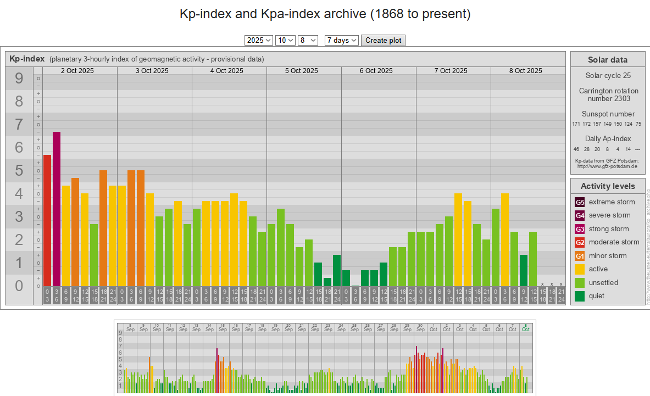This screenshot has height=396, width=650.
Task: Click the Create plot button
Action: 383,40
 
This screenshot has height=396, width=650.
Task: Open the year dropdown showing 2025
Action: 259,40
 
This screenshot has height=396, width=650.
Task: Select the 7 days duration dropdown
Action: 341,40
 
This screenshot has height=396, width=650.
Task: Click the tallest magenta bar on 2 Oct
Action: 57,209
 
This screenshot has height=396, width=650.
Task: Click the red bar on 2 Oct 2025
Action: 47,220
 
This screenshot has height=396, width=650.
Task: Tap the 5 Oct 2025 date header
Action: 302,70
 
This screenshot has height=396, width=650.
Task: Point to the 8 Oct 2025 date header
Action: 526,70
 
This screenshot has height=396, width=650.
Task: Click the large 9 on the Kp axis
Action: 19,79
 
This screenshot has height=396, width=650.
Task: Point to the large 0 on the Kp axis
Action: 19,286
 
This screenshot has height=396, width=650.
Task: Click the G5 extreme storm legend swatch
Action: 580,202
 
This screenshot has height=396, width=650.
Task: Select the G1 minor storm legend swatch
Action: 580,256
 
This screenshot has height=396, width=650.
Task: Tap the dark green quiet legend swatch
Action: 580,296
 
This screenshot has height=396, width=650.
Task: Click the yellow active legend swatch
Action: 580,269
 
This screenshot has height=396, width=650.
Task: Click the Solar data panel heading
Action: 607,60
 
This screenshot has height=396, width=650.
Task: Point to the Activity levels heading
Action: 607,186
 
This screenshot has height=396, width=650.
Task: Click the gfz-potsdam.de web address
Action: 607,166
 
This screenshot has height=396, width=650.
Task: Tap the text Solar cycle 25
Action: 608,76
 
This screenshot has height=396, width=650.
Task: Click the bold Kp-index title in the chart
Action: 27,59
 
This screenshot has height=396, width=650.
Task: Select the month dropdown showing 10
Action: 286,40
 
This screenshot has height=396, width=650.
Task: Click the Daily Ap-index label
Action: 608,139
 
